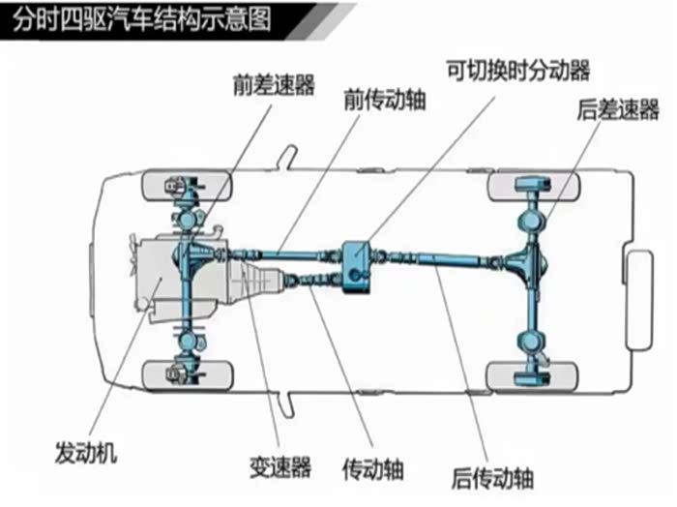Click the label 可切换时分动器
coord(517,69)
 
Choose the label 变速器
coord(280,468)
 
